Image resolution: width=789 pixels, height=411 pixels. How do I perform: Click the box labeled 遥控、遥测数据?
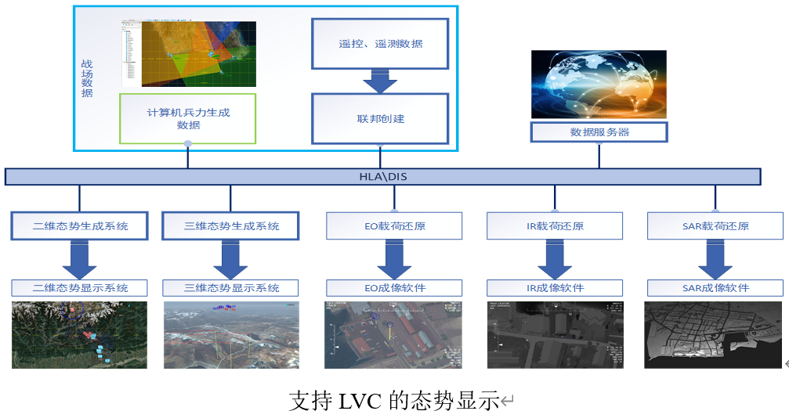380,44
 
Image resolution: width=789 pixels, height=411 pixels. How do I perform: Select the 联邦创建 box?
380,119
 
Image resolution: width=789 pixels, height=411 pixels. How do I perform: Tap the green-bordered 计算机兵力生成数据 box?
188,118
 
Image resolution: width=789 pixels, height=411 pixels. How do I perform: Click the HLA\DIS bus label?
382,176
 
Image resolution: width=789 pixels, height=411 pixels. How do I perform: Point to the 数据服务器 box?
599,132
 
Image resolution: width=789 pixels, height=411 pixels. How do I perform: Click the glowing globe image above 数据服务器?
599,85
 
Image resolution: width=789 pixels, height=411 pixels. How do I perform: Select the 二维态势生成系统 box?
79,225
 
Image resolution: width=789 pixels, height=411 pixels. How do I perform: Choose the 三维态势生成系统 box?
231,225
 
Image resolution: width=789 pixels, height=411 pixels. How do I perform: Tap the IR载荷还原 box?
555,225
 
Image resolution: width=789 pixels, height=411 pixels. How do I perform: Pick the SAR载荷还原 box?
715,225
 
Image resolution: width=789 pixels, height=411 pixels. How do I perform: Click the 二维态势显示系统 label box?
79,288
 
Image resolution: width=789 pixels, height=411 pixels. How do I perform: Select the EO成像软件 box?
394,288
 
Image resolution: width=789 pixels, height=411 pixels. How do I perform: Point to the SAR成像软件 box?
715,288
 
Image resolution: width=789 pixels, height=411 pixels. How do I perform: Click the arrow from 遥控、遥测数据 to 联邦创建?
380,81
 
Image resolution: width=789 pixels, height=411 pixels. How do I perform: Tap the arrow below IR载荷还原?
555,258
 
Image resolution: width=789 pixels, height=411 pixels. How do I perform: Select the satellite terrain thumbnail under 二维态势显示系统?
79,334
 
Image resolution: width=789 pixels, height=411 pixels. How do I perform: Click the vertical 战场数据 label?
87,79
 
